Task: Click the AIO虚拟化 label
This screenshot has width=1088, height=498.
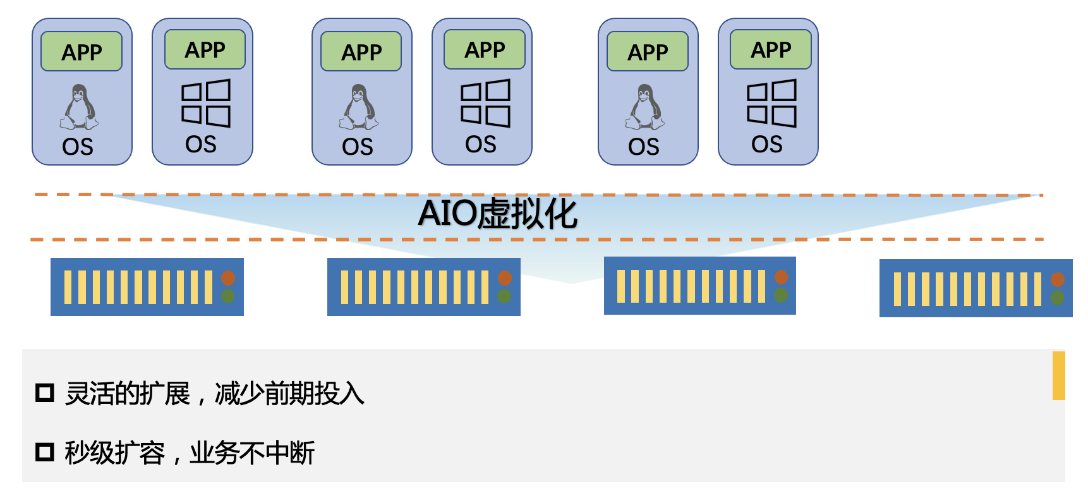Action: click(x=497, y=214)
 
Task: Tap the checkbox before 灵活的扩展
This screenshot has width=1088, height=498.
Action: click(x=45, y=393)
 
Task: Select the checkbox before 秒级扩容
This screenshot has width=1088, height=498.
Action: click(x=45, y=452)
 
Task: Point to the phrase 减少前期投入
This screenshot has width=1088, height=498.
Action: click(x=289, y=394)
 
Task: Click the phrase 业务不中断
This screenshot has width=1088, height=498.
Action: click(x=252, y=453)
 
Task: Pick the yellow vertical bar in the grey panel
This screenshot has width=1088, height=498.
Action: click(x=1058, y=376)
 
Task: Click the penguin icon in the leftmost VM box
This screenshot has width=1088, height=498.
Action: click(x=79, y=107)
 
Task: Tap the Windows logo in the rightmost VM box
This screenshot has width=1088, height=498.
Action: click(x=771, y=103)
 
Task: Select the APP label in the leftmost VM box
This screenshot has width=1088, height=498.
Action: click(x=82, y=52)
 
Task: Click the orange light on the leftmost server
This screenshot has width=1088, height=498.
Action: click(x=228, y=278)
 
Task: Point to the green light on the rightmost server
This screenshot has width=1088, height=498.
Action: click(x=1057, y=297)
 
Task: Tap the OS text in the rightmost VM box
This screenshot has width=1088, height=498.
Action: click(x=767, y=145)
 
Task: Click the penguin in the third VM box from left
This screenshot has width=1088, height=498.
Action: click(x=359, y=107)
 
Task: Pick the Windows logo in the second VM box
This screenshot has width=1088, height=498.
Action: click(x=206, y=103)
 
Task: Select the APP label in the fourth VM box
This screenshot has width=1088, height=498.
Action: click(x=485, y=50)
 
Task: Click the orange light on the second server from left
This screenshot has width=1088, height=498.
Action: click(x=504, y=278)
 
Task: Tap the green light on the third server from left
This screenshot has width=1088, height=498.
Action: click(x=781, y=295)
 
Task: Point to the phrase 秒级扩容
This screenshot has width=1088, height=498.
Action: click(x=114, y=453)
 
